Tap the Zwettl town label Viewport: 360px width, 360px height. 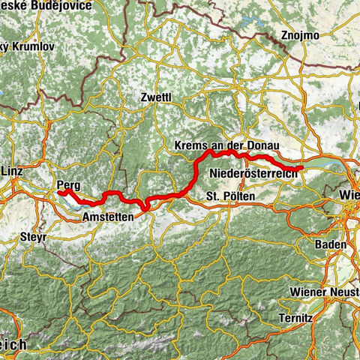155,97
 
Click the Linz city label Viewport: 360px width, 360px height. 11,171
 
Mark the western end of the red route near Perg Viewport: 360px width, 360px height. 59,193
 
